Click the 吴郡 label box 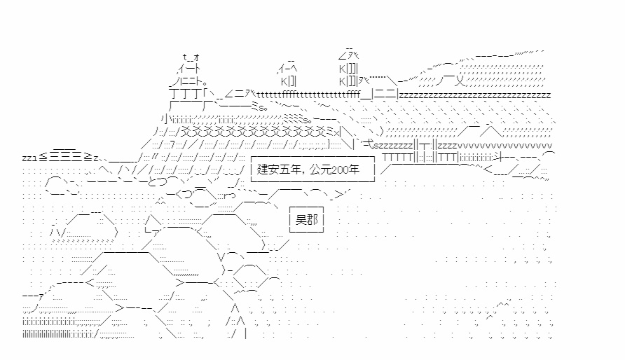coord(306,219)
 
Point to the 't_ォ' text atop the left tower coord(191,57)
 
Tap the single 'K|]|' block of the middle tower coord(289,81)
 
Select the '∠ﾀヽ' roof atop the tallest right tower coord(348,55)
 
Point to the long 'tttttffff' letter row coord(308,95)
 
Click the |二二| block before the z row coord(385,95)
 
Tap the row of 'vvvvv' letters coord(504,146)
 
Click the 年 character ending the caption coord(354,169)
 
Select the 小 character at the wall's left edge coord(165,118)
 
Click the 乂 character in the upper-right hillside coord(460,82)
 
